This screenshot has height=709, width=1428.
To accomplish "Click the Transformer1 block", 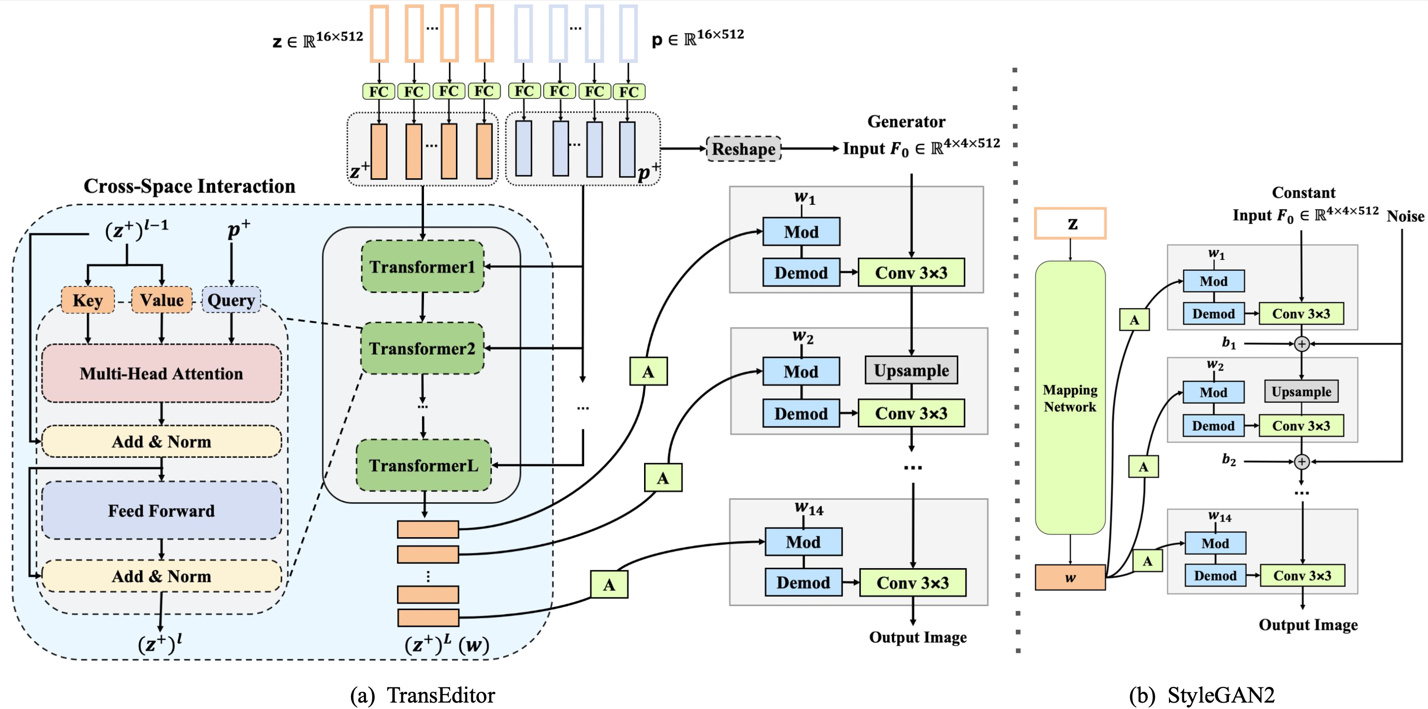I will click(x=422, y=267).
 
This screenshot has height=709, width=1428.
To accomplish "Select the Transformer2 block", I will click(x=422, y=348).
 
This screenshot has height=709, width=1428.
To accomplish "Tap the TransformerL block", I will click(x=423, y=465).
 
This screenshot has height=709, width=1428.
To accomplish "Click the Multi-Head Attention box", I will click(x=162, y=374).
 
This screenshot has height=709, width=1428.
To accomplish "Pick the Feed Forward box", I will click(x=162, y=510).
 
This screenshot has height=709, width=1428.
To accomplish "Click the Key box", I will click(x=88, y=300).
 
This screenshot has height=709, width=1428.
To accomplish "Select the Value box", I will click(x=162, y=300).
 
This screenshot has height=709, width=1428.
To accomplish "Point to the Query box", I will click(x=231, y=300).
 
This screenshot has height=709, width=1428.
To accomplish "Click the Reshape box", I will click(x=744, y=149).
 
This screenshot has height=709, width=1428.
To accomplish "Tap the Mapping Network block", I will click(x=1070, y=397).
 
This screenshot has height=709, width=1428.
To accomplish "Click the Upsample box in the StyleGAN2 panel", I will click(x=1301, y=391).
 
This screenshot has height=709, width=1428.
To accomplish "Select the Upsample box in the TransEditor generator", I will click(x=911, y=370).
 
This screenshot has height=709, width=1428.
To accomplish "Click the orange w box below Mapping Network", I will click(x=1070, y=578).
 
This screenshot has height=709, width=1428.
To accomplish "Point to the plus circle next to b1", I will click(x=1301, y=344).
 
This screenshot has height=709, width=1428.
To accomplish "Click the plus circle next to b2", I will click(x=1301, y=461).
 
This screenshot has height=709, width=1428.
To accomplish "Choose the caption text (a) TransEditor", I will click(x=422, y=695).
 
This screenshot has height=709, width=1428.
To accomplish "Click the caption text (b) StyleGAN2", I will click(x=1201, y=695).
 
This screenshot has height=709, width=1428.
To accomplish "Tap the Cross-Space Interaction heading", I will click(x=189, y=186).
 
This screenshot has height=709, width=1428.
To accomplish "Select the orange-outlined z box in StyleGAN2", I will click(x=1070, y=224).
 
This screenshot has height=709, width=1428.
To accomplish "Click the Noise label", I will click(x=1405, y=216).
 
